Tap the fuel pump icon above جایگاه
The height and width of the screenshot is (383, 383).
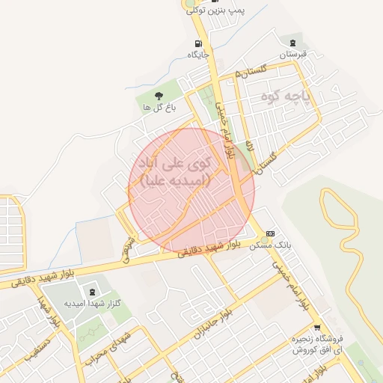click(197, 43)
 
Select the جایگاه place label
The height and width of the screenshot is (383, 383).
click(197, 54)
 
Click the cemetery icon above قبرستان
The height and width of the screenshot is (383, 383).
click(292, 43)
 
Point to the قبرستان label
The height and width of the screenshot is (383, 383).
click(293, 55)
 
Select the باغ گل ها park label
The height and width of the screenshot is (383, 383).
click(159, 108)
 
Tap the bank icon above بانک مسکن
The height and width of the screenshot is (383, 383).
click(270, 233)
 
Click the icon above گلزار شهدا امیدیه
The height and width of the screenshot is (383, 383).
click(92, 291)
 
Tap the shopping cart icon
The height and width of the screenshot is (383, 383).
click(317, 328)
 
